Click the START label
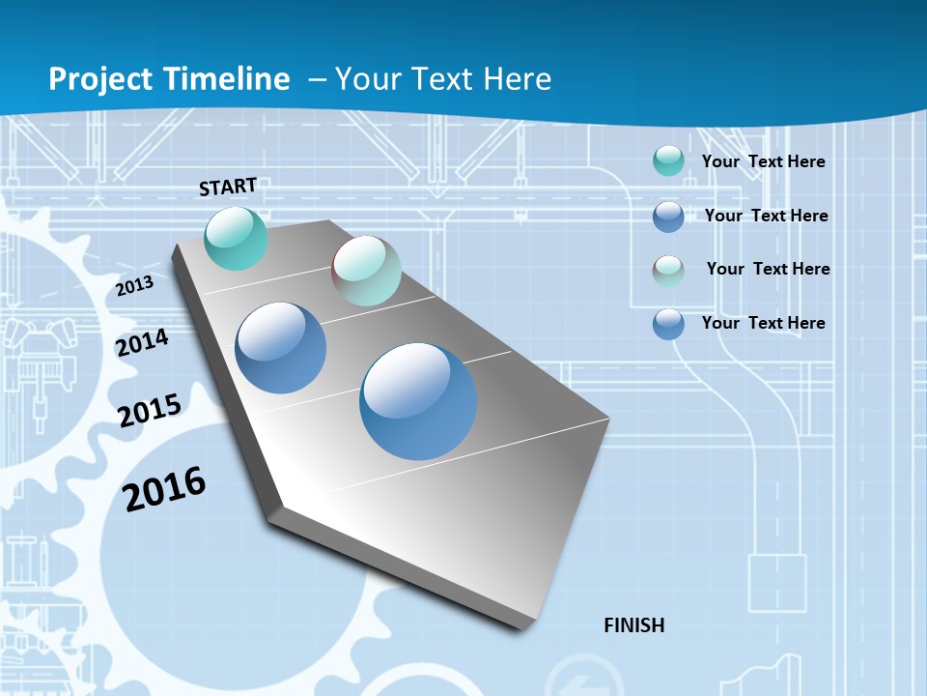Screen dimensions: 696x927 click(228, 187)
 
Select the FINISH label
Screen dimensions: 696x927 click(633, 625)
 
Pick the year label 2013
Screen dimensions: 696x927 click(135, 286)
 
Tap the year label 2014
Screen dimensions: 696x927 click(143, 343)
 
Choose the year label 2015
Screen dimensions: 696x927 click(150, 411)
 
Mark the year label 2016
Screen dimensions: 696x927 click(164, 489)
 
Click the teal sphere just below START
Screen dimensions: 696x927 click(236, 238)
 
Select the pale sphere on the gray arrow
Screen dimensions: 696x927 click(366, 271)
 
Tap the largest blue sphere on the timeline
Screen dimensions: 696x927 click(418, 401)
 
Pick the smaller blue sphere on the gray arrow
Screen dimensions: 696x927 click(280, 348)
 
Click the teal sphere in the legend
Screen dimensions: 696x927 click(668, 161)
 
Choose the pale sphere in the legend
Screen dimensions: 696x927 click(668, 271)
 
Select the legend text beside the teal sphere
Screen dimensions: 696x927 click(763, 161)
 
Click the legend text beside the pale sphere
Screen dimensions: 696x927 click(768, 269)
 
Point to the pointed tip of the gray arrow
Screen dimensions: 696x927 click(521, 626)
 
